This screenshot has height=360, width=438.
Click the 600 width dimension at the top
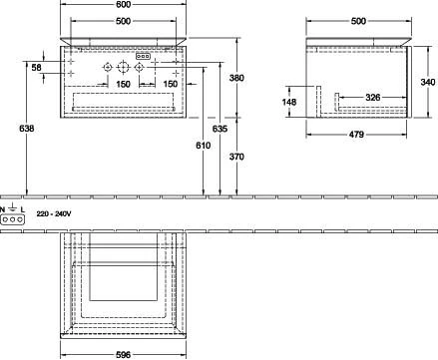(x=123, y=4)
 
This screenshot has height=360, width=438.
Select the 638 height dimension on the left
(x=26, y=129)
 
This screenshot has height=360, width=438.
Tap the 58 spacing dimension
(x=36, y=68)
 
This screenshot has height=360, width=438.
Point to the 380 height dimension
(x=236, y=78)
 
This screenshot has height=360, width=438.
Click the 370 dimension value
(x=236, y=157)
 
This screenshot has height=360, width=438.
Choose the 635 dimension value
(x=219, y=129)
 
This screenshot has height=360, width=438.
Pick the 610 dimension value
(x=204, y=146)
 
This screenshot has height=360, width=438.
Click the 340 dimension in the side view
(x=428, y=82)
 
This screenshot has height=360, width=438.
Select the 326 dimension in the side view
(x=373, y=98)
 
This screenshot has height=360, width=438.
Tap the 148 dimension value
(x=289, y=102)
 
